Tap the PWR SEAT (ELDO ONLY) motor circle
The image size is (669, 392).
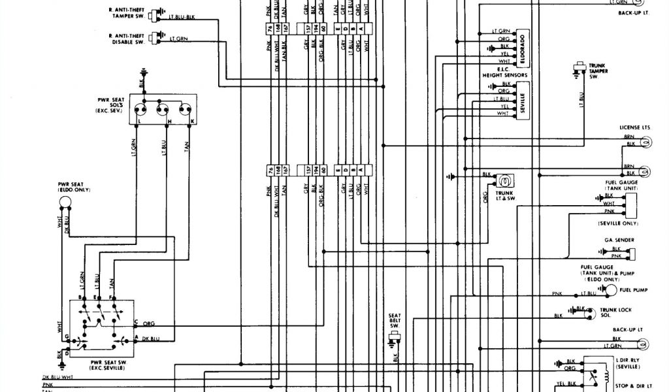[66, 203]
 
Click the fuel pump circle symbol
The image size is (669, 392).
[609, 290]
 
